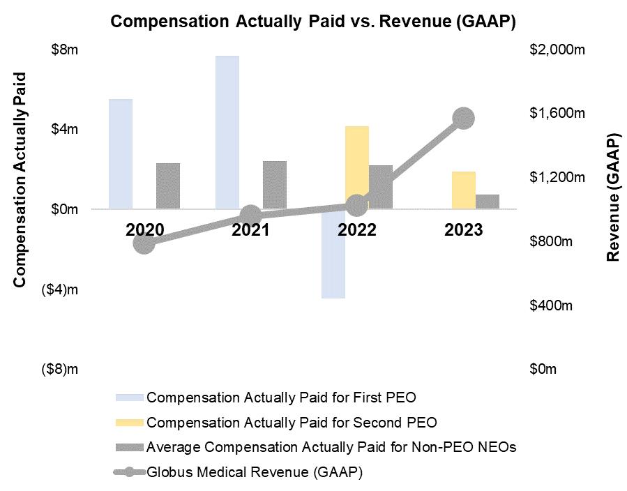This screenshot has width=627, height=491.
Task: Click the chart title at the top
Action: [313, 22]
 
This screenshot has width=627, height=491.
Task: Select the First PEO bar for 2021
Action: [227, 132]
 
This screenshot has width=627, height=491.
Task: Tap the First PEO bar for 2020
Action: [121, 153]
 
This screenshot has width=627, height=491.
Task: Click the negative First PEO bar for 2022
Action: [333, 253]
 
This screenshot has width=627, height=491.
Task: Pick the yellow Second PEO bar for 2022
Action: [356, 167]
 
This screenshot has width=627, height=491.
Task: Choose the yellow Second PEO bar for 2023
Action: [463, 190]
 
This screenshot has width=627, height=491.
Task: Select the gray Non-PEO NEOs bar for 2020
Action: [168, 186]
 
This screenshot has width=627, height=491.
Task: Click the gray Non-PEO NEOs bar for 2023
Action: [488, 201]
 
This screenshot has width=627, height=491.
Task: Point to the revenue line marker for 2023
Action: [463, 118]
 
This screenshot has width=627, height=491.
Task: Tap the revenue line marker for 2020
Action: [144, 243]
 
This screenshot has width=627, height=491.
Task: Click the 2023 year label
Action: [463, 230]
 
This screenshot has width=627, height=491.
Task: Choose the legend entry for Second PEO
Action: [292, 422]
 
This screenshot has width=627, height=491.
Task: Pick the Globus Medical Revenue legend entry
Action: [255, 472]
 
